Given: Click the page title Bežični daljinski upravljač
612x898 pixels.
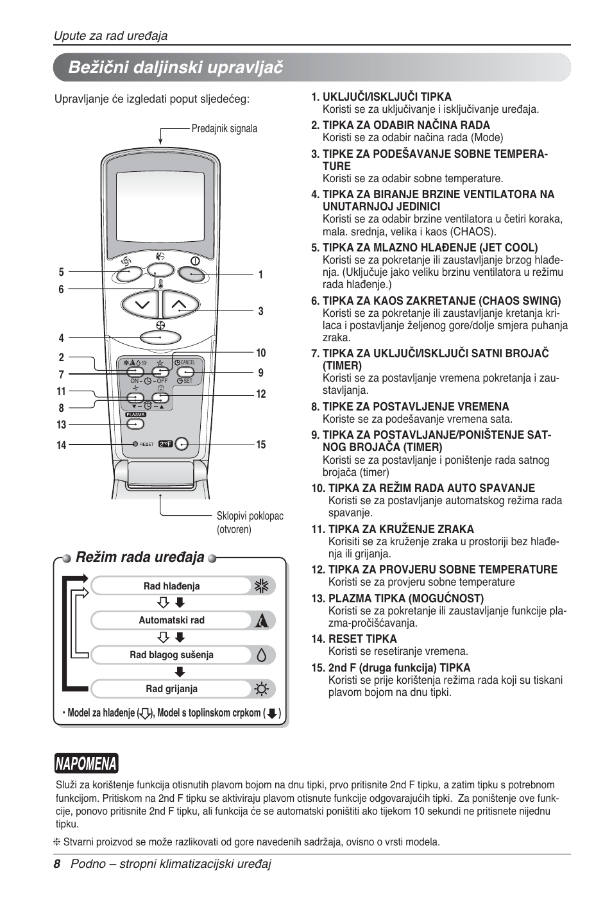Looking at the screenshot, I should tap(175, 67).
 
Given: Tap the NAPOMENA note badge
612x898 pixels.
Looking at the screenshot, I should tap(86, 763).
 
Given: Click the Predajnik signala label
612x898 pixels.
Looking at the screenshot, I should tap(224, 128).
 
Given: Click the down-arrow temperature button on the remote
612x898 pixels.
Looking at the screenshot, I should tap(139, 304).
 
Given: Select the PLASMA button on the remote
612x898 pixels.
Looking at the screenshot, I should tap(135, 414).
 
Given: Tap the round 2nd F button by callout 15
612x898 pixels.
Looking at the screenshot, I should tap(182, 444).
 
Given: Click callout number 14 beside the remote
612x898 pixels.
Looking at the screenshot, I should tap(62, 445).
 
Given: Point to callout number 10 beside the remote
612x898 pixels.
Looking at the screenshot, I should tap(260, 353).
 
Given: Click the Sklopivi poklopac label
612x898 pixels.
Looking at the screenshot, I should tap(250, 516).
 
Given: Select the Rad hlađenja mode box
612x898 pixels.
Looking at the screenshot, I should tap(172, 586).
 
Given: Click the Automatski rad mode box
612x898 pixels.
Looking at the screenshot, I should tap(172, 620).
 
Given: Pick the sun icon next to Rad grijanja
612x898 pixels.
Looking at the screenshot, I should tap(261, 690).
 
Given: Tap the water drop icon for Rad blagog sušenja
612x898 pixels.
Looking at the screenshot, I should tap(261, 655).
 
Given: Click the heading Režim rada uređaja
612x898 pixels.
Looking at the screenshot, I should tap(140, 557).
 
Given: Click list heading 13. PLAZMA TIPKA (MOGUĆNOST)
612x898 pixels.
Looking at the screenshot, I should tap(398, 598).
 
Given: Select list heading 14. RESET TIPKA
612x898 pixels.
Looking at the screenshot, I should tap(354, 639).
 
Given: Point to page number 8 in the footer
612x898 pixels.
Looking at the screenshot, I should tap(56, 864).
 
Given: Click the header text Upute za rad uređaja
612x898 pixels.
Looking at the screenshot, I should tap(110, 35).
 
